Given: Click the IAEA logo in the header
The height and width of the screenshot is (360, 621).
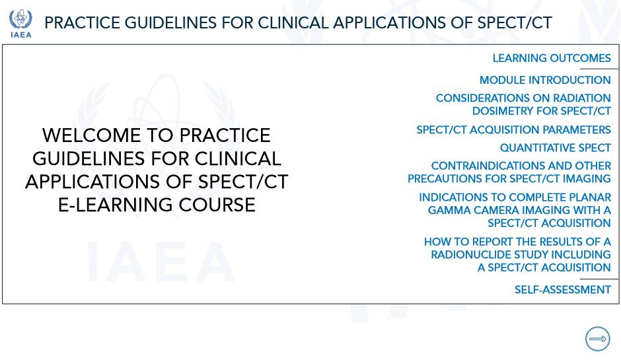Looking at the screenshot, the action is click(20, 23).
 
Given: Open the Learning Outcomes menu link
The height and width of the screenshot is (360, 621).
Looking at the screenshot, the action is click(551, 58).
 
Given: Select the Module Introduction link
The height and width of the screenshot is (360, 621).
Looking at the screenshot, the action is click(545, 80).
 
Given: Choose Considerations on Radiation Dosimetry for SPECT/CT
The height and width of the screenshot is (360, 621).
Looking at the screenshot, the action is click(523, 104).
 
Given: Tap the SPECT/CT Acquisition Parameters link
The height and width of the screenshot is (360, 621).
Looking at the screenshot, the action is click(513, 129).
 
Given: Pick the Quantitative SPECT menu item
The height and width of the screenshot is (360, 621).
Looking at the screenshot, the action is click(555, 148).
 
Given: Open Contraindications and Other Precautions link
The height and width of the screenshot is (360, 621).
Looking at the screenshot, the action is click(509, 172).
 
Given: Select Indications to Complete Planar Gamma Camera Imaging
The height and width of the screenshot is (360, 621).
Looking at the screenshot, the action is click(515, 210).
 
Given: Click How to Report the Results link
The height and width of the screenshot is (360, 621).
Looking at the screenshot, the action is click(517, 254).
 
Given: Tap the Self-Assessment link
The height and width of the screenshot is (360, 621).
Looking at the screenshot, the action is click(562, 290).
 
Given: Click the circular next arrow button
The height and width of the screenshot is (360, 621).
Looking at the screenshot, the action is click(598, 339).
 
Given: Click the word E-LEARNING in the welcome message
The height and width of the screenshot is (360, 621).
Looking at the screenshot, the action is click(115, 205).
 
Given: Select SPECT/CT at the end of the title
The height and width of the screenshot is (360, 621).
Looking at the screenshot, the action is click(515, 23).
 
